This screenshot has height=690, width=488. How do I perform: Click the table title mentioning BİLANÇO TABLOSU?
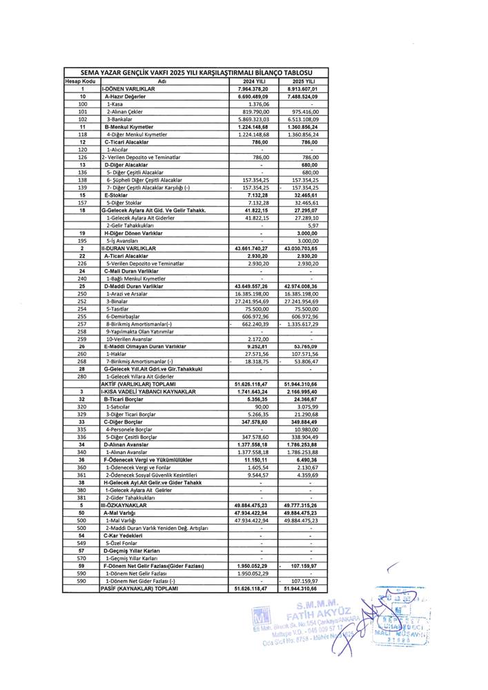tap(195, 72)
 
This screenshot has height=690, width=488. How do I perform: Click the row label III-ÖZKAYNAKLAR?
tap(125, 505)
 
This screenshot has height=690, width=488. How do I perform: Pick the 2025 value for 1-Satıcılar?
tap(308, 406)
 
